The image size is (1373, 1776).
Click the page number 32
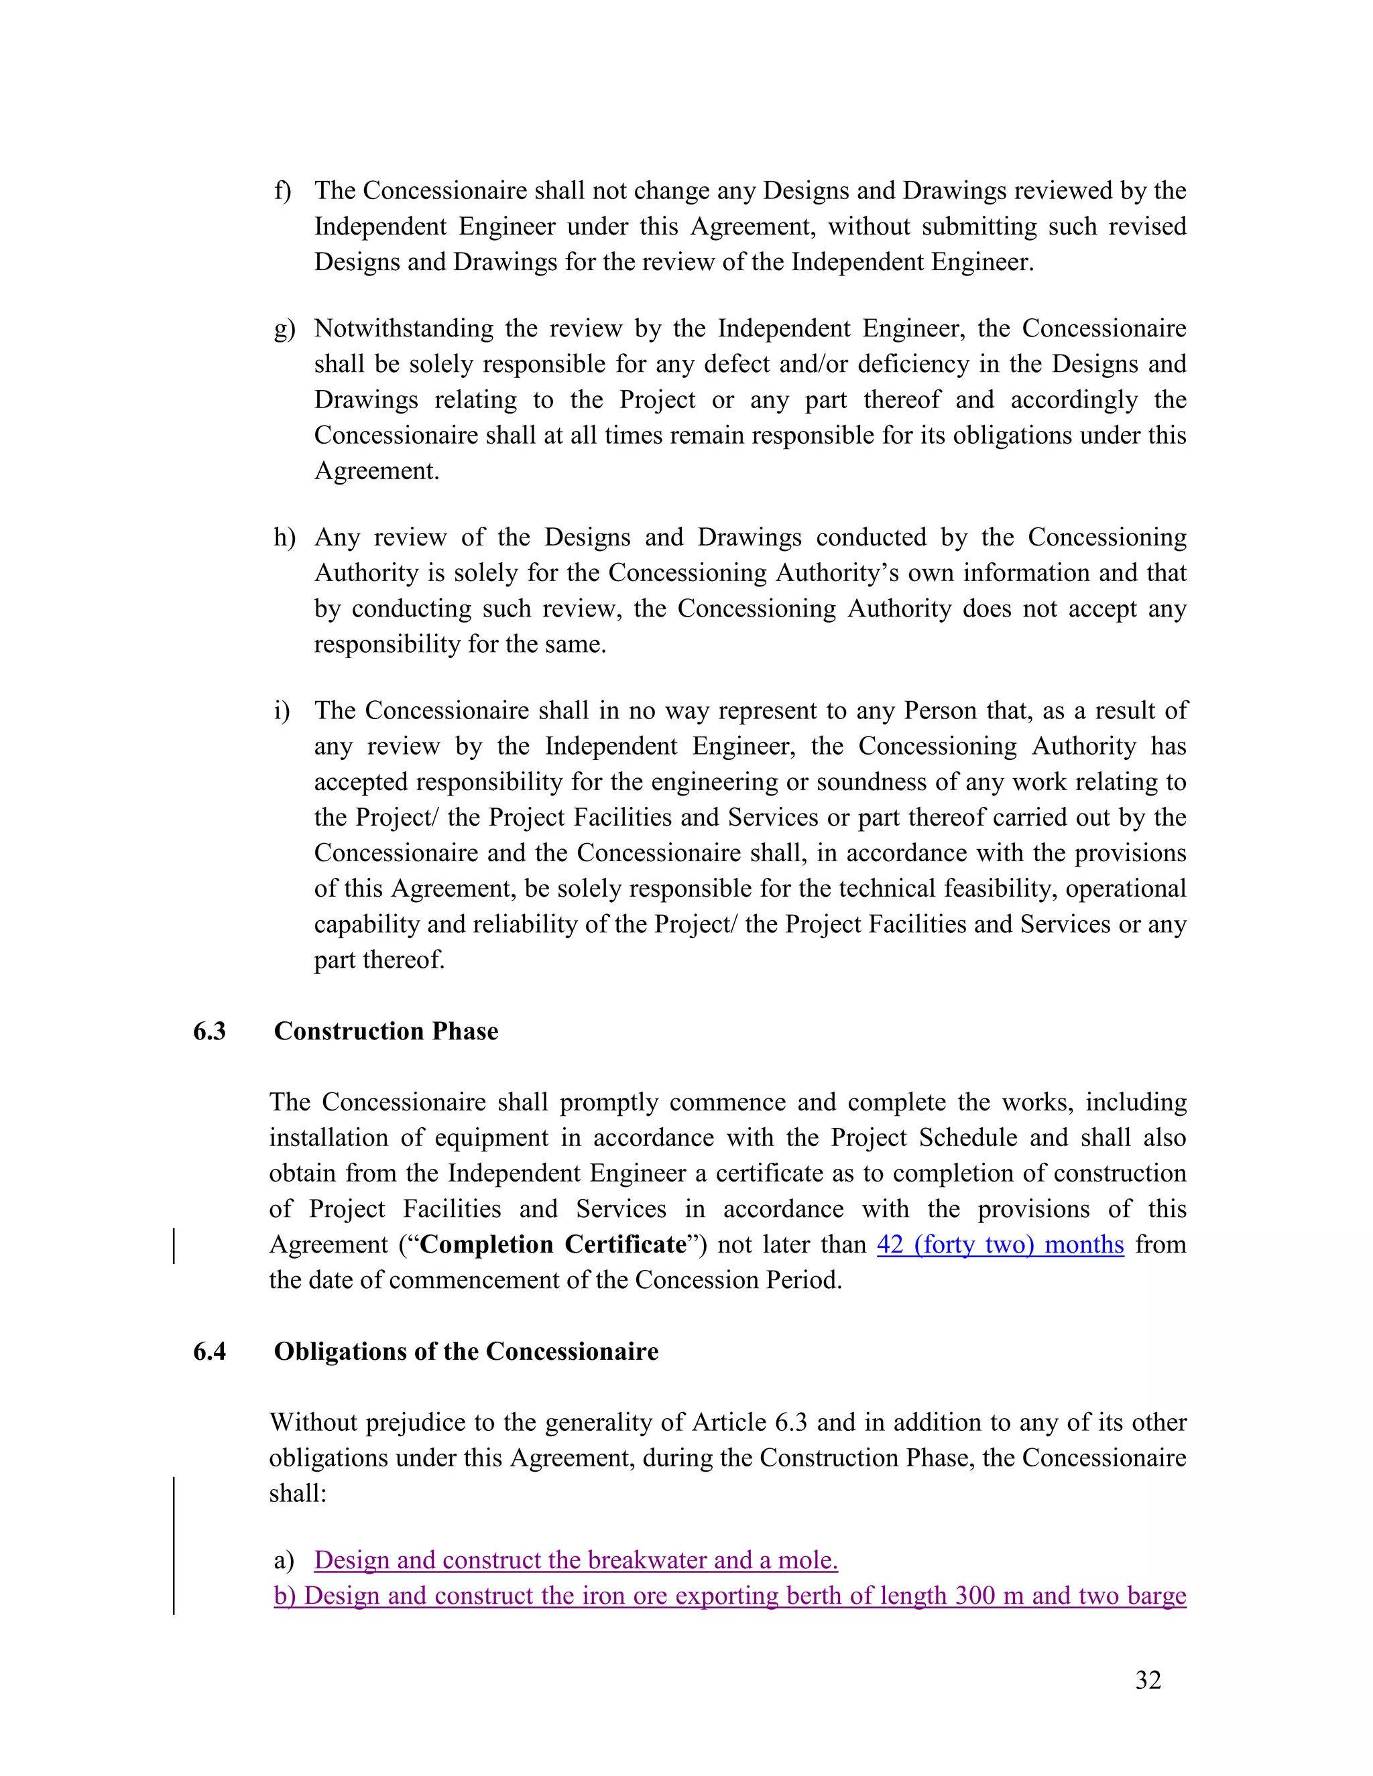[x=1148, y=1679]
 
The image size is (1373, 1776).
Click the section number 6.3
[x=209, y=1031]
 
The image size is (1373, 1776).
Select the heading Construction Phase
[x=385, y=1031]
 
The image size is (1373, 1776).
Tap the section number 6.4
[x=209, y=1352]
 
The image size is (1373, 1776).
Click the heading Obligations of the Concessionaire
[x=465, y=1352]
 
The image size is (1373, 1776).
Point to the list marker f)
[x=282, y=190]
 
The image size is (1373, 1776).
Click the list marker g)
[x=284, y=329]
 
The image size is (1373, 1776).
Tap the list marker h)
[x=284, y=537]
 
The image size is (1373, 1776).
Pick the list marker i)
[x=282, y=710]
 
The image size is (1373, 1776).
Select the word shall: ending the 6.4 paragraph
[x=298, y=1494]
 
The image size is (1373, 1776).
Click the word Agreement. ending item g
[x=377, y=472]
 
